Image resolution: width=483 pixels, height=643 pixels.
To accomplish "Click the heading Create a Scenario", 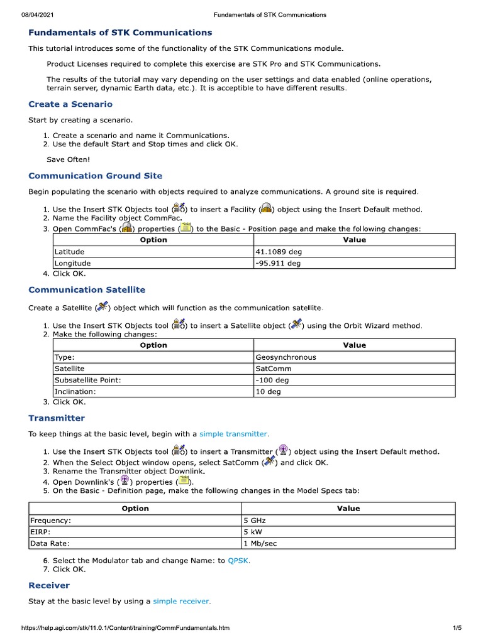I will tap(70, 104).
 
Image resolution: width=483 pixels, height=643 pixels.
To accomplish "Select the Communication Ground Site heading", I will tap(95, 176).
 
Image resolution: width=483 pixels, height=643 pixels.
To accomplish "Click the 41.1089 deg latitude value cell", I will tap(278, 252).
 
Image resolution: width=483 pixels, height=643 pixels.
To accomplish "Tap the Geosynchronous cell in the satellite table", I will tap(286, 357).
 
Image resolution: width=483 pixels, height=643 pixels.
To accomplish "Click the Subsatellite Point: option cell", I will tap(87, 380).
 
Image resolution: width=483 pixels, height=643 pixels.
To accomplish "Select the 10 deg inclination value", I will tap(268, 391).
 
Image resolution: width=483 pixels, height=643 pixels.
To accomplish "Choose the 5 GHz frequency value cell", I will tap(255, 521).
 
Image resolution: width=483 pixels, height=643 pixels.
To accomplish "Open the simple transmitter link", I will tap(234, 434).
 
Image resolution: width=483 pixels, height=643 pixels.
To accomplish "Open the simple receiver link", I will tap(182, 601).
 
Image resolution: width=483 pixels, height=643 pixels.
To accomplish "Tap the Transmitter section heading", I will tap(57, 418).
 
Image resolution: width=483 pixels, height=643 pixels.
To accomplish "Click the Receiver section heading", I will tap(49, 585).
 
